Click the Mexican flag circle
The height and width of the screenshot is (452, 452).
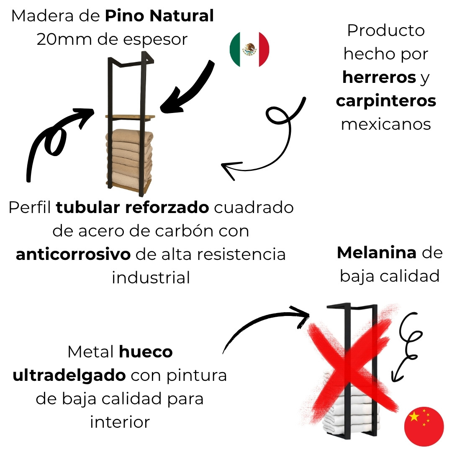click(249, 49)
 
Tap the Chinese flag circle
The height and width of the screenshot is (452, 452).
click(424, 426)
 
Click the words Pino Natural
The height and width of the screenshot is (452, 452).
click(159, 15)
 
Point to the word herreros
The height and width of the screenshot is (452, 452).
click(379, 77)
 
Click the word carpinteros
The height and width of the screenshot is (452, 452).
click(386, 101)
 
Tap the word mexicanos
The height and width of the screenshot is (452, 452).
click(386, 124)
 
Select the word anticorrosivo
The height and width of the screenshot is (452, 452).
click(73, 254)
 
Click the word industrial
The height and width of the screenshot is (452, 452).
click(151, 277)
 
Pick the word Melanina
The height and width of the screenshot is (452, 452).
click(377, 252)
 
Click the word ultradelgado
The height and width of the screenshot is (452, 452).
click(69, 375)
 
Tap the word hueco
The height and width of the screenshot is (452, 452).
click(146, 352)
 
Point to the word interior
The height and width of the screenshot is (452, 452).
click(120, 422)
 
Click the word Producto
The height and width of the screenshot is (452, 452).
click(386, 30)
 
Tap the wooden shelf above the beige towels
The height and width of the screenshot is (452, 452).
click(130, 117)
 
